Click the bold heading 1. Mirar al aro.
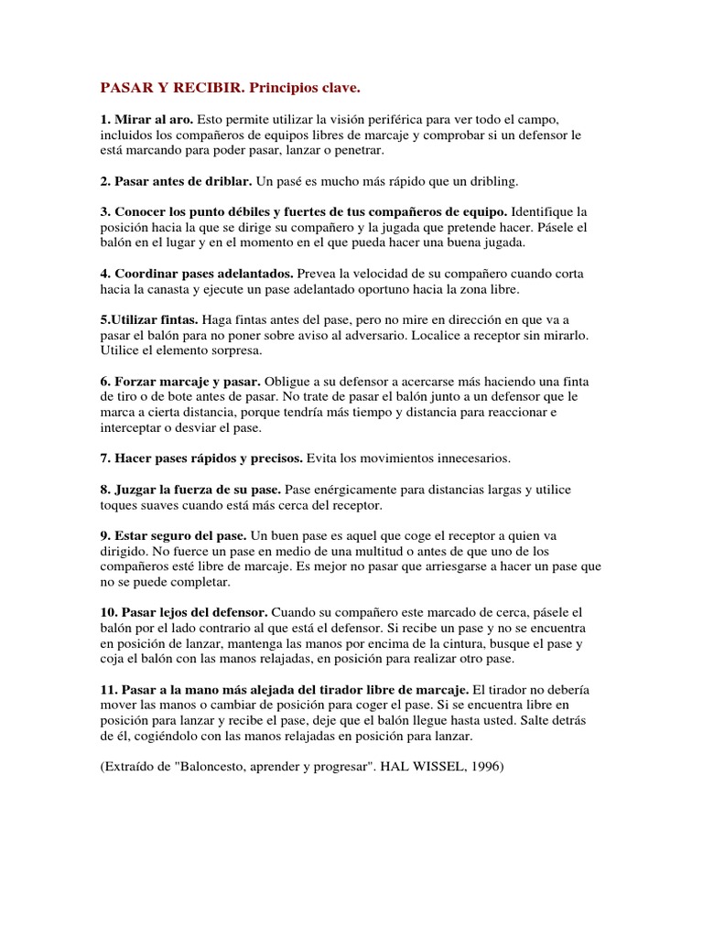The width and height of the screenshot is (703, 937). [146, 120]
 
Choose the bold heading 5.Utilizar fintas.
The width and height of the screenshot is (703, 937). [149, 319]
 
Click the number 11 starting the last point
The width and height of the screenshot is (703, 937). [107, 689]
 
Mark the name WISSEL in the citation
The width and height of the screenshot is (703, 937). [432, 766]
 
